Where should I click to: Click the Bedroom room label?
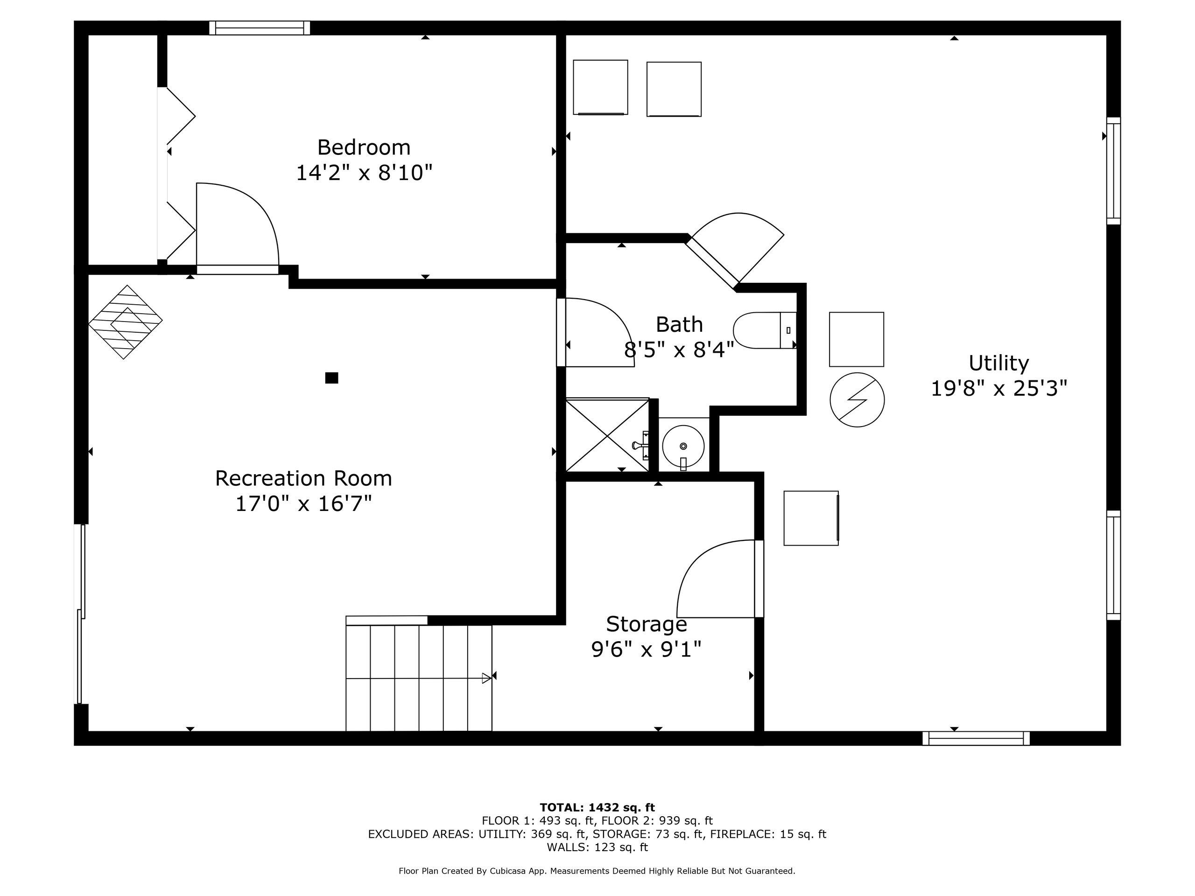364,147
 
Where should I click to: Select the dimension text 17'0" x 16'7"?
303,504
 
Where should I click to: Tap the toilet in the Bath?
763,330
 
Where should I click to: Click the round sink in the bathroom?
683,446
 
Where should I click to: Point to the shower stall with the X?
607,435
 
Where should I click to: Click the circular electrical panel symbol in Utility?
857,399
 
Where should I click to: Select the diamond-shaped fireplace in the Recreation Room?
125,322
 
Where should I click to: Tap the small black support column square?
332,378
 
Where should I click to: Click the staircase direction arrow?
486,678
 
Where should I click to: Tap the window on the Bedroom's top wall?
260,28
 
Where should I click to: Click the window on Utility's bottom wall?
976,738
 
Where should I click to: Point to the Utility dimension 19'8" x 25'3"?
999,388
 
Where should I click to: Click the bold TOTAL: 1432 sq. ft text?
597,807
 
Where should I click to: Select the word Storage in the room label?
646,624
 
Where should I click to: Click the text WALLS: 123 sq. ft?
597,847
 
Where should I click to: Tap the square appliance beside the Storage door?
811,518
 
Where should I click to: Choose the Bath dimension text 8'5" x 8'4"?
679,350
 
